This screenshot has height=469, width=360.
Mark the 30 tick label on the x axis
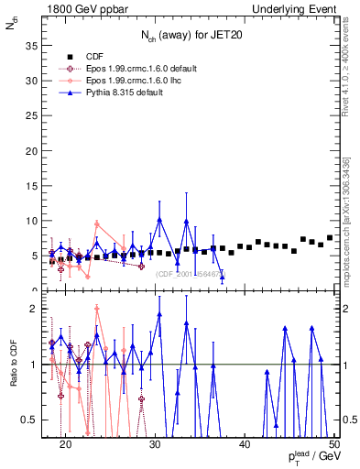[x=155, y=443]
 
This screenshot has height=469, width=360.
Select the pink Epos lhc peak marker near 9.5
[x=97, y=224]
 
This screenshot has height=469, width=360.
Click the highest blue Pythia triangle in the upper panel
[x=159, y=220]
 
